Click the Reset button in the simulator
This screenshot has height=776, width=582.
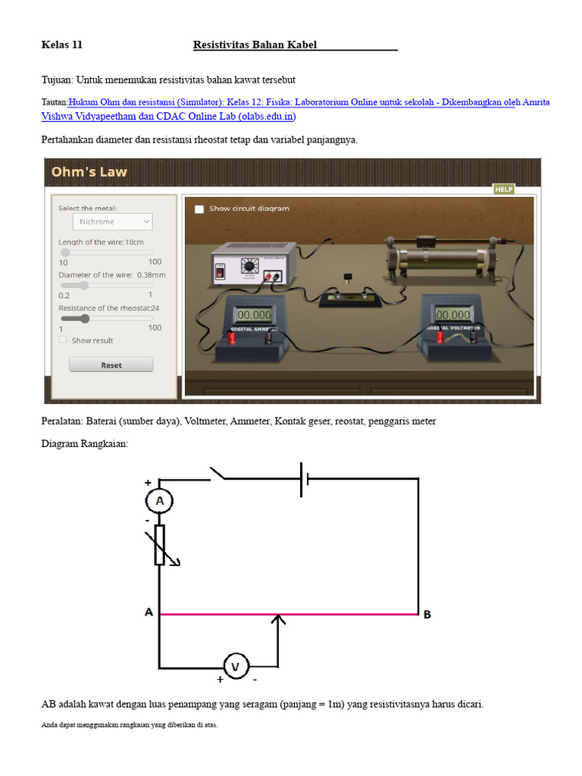coord(111,365)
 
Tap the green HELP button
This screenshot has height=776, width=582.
coord(504,189)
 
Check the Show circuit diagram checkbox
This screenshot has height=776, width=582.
coord(199,208)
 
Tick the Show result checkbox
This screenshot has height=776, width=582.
coord(64,340)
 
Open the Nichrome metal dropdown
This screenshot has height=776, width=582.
coord(113,221)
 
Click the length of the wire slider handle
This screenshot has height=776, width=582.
coord(65,252)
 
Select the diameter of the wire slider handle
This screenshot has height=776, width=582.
coord(84,285)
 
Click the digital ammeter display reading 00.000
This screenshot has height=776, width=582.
coord(254,314)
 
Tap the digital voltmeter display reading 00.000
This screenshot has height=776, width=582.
coord(453,314)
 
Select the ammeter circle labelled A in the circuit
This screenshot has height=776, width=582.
coord(159,501)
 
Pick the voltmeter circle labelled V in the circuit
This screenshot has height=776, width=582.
coord(235,667)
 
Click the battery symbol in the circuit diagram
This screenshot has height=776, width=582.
coord(305,478)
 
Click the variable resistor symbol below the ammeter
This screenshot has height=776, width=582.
coord(160,545)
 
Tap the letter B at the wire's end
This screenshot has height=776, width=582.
coord(427,615)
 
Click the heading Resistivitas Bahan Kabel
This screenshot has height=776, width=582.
coord(255,45)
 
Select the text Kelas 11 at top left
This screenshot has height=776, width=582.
coord(61,45)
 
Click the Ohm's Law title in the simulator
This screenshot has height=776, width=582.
coord(89,172)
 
